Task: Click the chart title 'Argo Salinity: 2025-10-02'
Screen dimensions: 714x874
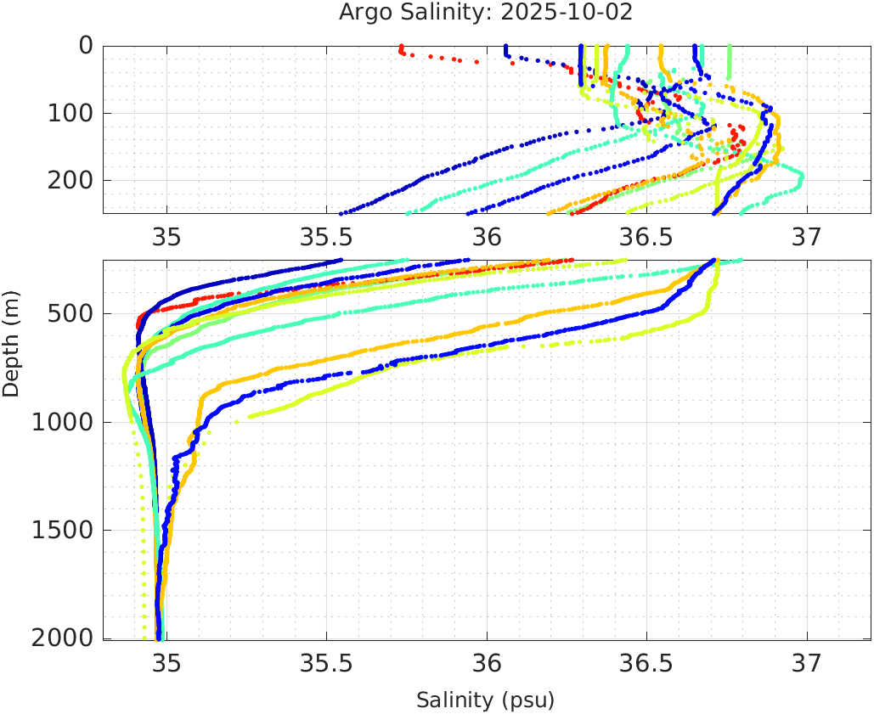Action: [x=486, y=13]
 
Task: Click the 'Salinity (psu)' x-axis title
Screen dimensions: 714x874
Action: [x=485, y=700]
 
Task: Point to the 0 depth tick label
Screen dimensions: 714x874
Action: [x=86, y=45]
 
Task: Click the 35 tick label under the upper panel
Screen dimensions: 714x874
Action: [x=166, y=235]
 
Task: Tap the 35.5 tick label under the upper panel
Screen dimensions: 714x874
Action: [x=326, y=235]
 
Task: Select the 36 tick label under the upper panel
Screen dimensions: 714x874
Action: [x=487, y=235]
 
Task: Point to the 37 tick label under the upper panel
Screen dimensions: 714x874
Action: [x=807, y=235]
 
